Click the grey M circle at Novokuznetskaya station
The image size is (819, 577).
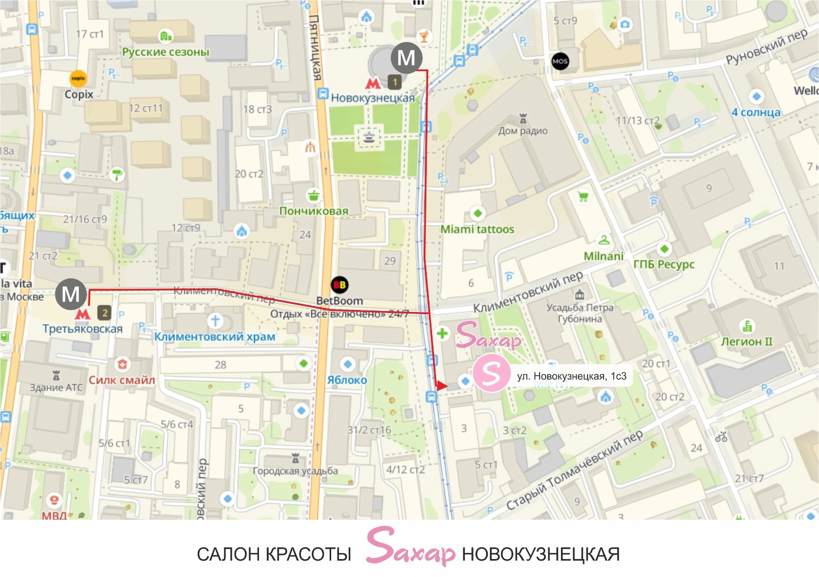point(406,57)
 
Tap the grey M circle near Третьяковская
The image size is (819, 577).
point(71,294)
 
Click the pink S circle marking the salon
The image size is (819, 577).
point(491,373)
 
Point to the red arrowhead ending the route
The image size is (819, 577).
point(441,385)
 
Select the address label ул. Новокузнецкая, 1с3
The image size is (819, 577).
point(571,376)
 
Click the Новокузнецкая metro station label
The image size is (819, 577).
point(372,98)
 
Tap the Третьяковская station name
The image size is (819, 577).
point(82,329)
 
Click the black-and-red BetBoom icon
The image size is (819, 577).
point(339,285)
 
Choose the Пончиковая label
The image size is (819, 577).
point(314,211)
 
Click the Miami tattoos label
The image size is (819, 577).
point(477,229)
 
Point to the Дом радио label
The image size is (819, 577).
point(523,131)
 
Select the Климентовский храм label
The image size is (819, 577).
point(215,337)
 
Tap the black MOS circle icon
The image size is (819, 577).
point(560,61)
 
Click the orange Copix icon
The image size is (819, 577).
point(78,78)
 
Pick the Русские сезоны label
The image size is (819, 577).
point(165,52)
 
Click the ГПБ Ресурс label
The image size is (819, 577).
point(664,264)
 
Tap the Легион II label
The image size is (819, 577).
point(746,341)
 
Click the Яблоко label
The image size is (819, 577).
point(347,380)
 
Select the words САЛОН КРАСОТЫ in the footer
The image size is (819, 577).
point(274,554)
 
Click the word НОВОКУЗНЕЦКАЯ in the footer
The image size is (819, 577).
point(541,554)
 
